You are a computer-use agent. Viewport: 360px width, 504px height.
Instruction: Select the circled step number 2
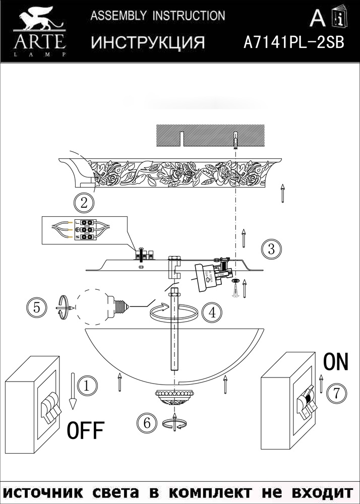[x=84, y=203]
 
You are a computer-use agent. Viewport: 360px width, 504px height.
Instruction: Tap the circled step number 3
[x=271, y=248]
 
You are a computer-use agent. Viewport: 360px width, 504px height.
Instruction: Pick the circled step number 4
[x=212, y=312]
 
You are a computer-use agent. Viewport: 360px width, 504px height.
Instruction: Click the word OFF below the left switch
[x=85, y=431]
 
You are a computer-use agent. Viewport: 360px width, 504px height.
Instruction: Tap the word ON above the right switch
[x=335, y=362]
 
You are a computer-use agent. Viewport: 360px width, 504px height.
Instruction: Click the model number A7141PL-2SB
[x=293, y=42]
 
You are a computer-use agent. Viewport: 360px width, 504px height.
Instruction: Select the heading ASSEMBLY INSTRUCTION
[x=157, y=16]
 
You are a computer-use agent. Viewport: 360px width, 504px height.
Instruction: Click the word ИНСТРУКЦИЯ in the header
[x=148, y=43]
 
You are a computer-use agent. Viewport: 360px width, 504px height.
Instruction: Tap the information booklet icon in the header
[x=340, y=19]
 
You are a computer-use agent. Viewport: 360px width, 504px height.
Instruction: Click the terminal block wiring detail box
[x=84, y=230]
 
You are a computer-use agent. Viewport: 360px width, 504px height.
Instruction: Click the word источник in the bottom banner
[x=44, y=491]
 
